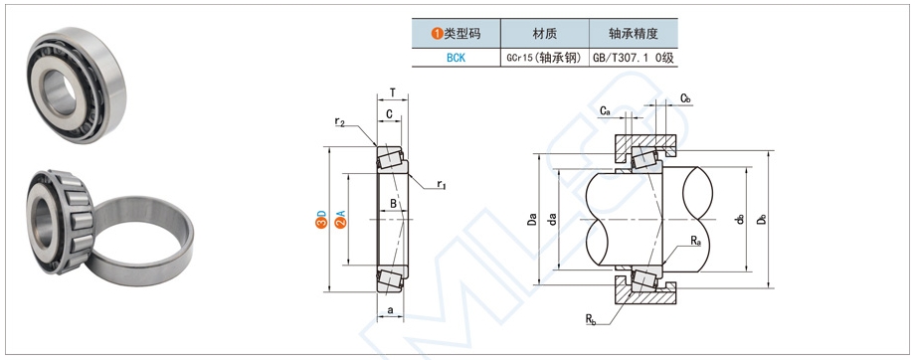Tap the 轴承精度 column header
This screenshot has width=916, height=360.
click(x=633, y=33)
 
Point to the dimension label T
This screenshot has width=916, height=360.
click(x=393, y=93)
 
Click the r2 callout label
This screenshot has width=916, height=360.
click(x=340, y=122)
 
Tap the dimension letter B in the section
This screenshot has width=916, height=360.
click(x=394, y=205)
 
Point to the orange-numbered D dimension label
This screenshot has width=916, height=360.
click(x=321, y=219)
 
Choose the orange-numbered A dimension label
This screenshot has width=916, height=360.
click(x=340, y=219)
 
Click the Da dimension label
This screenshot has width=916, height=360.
click(x=533, y=219)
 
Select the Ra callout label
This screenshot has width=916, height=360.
click(x=696, y=242)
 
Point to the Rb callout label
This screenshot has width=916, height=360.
click(x=591, y=319)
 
